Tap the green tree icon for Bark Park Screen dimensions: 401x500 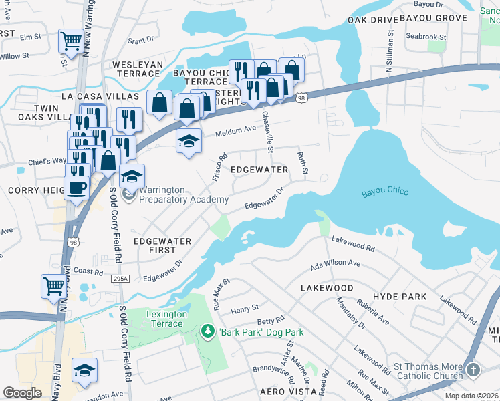coord(208,331)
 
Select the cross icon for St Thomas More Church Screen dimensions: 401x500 coord(473,370)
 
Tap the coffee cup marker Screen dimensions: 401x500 coord(76,188)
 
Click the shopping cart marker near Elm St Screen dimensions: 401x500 coord(70,41)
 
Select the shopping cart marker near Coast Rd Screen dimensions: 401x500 coord(53,285)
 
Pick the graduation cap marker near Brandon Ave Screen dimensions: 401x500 coord(85,370)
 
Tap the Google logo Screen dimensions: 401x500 coord(22,393)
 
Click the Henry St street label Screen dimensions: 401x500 coord(245,309)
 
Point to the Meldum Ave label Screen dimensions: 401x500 coord(235,132)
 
